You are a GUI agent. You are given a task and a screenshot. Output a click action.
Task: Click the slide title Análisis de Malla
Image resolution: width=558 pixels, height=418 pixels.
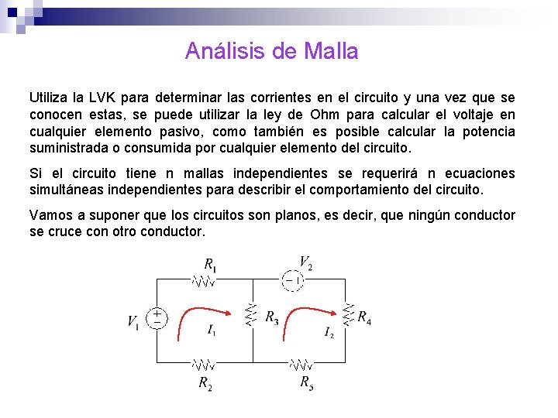tap(271, 51)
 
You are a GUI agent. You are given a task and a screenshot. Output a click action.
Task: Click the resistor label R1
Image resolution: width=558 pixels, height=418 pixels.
tap(210, 263)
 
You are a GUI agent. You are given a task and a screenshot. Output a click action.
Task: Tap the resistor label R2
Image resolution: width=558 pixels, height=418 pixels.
tap(205, 382)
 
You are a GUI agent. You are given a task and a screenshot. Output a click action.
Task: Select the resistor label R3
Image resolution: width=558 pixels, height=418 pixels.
tap(271, 317)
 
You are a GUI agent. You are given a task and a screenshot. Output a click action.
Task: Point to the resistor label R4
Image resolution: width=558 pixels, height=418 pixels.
tap(363, 317)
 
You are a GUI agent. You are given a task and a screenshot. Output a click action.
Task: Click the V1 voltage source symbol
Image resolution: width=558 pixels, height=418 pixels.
tap(157, 318)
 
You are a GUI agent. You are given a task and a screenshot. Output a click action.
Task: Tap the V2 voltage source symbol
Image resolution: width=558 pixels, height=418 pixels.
tap(292, 279)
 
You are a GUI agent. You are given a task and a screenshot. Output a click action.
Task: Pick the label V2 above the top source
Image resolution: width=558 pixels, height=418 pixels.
tap(306, 262)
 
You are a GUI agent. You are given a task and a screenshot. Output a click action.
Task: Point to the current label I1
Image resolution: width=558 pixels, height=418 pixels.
tap(212, 330)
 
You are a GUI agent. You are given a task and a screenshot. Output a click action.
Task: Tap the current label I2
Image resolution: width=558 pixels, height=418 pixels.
tap(329, 333)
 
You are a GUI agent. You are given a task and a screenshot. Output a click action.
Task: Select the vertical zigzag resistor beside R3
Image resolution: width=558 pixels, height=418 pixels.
tap(250, 316)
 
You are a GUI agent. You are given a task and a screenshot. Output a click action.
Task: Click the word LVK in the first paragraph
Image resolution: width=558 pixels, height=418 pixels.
tap(103, 98)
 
